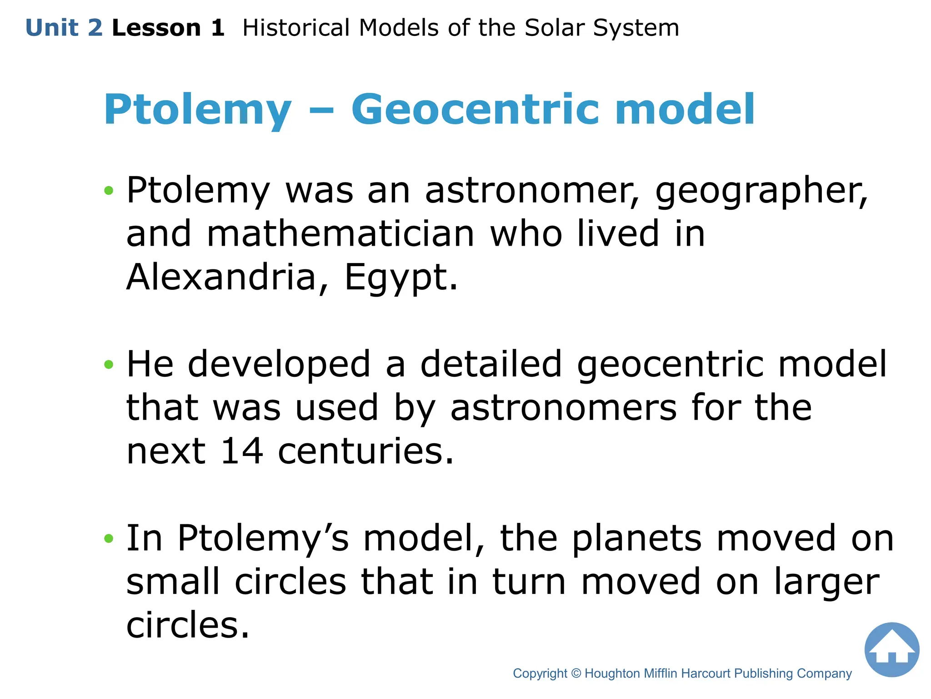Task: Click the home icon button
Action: (x=891, y=649)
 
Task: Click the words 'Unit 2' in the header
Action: (x=64, y=28)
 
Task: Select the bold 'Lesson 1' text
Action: (x=168, y=28)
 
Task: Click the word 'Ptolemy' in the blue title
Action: (x=197, y=111)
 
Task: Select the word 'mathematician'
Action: (x=340, y=233)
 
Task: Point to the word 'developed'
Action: (x=279, y=365)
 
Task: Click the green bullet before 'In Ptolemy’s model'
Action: (x=108, y=539)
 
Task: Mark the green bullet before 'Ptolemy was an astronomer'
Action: (x=108, y=190)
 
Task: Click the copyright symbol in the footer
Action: (x=576, y=674)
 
